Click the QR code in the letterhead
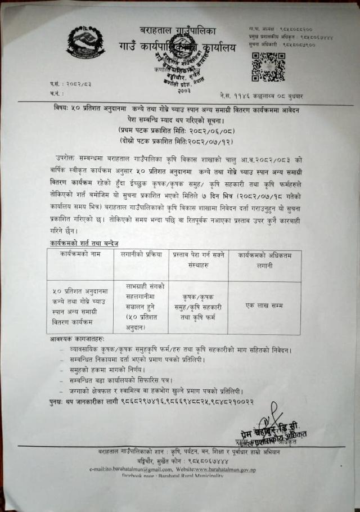264,66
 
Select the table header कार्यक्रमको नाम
79,255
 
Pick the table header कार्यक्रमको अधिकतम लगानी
264,259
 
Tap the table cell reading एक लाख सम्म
264,306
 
